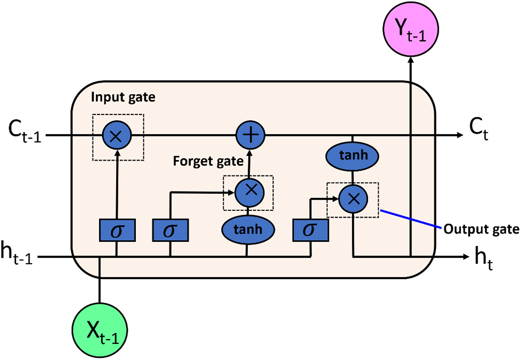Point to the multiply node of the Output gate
(353, 199)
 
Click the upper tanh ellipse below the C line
(353, 156)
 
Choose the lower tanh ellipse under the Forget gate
(248, 229)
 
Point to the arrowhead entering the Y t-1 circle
(411, 59)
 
